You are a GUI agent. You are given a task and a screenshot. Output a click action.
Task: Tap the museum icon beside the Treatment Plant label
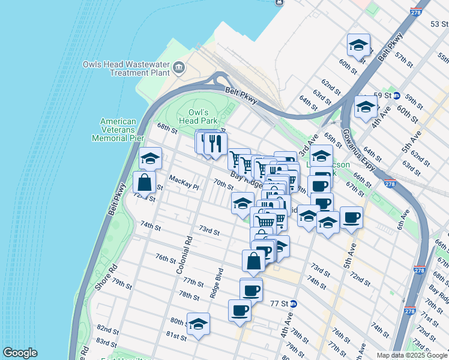179,67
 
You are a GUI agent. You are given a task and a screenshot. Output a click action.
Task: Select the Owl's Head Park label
198,116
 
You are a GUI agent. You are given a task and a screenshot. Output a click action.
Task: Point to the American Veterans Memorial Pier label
118,130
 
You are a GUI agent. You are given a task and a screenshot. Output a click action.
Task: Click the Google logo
20,353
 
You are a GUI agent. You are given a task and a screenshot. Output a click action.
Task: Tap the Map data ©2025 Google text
411,355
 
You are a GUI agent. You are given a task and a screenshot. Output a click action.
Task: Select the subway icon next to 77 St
293,304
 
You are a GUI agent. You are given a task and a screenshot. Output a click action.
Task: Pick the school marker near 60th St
358,46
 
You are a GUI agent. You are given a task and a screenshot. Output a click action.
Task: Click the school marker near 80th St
198,324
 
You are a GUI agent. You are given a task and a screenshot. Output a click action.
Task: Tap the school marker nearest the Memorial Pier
150,159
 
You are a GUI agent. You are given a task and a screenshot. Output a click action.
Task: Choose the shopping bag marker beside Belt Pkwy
144,182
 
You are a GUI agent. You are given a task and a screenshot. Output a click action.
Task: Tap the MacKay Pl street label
184,182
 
